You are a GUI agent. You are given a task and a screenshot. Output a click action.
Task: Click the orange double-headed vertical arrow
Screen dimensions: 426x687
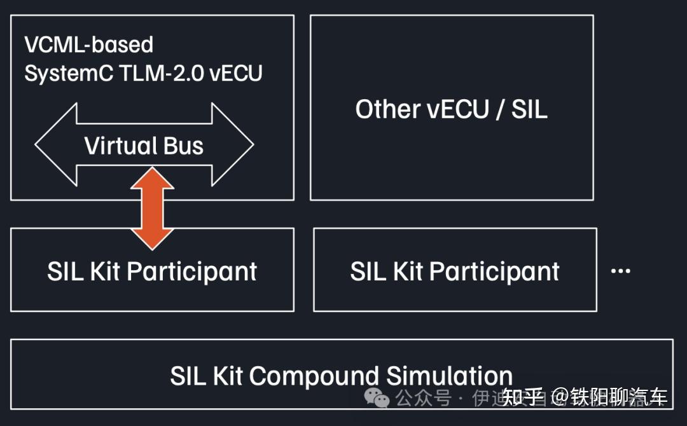(x=152, y=209)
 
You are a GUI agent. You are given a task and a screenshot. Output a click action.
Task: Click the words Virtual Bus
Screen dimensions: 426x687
(x=144, y=146)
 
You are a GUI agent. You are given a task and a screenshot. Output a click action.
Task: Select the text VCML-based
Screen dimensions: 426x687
(x=88, y=45)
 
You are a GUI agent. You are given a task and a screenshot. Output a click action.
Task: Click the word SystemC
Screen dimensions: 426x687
(x=61, y=73)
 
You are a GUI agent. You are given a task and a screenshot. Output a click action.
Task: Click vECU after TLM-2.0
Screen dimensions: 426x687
(x=235, y=73)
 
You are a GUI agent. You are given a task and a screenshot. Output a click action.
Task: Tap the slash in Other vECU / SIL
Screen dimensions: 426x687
(x=499, y=109)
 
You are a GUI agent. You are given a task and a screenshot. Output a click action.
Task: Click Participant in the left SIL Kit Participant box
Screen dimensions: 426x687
(x=192, y=271)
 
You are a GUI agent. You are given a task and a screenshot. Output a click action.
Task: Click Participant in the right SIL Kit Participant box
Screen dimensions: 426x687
(x=494, y=271)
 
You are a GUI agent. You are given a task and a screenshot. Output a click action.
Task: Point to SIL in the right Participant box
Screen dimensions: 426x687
(x=367, y=271)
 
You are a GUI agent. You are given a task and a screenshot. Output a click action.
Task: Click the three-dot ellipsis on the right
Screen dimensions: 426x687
(x=620, y=271)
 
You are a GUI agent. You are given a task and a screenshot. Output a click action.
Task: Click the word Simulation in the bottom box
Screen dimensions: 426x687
(x=449, y=376)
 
